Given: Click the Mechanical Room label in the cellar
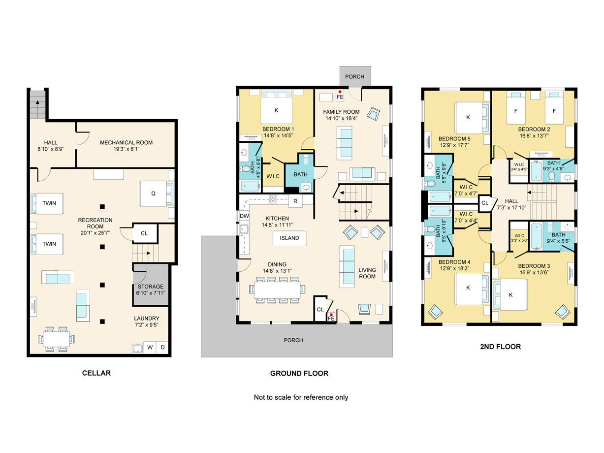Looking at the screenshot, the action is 126,143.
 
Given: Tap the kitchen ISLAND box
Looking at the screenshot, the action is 289,238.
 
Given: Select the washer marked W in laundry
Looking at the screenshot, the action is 150,347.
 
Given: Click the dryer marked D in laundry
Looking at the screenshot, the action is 162,347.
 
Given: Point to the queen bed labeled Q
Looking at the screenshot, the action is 153,194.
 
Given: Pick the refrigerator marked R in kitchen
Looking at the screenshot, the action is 295,201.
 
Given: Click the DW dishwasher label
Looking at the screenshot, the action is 244,216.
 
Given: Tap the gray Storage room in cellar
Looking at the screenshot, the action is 151,285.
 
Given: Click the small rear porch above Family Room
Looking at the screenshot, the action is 355,76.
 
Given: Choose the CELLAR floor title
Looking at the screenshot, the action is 96,373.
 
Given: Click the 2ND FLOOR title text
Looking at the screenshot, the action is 500,347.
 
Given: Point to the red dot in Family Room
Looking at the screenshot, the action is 340,92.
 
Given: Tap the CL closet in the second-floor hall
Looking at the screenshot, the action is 485,203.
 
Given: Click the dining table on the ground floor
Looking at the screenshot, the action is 277,290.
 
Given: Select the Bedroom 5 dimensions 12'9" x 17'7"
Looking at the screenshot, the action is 454,145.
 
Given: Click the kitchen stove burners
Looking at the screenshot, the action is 273,199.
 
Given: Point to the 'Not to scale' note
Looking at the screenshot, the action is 301,397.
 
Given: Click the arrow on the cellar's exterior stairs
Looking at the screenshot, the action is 37,102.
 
